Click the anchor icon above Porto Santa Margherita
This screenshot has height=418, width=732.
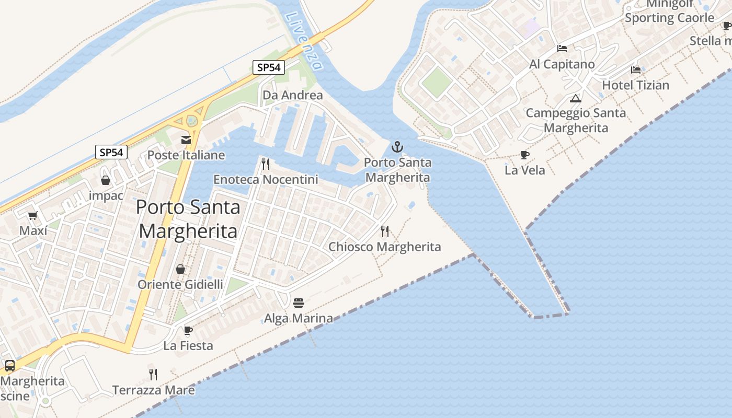(397, 146)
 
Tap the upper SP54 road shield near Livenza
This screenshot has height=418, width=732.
(269, 67)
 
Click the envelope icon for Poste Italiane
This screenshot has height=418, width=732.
(186, 140)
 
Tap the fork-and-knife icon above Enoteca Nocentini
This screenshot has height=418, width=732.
(266, 164)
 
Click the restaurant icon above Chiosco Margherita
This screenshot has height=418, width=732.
(385, 231)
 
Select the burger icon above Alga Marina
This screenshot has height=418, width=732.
(299, 303)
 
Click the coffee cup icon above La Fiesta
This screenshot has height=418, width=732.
(188, 330)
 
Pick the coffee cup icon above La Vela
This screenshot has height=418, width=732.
(525, 155)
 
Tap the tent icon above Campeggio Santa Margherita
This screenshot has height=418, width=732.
(576, 98)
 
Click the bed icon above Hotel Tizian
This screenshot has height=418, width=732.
(636, 69)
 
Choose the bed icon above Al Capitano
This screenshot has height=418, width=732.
(562, 49)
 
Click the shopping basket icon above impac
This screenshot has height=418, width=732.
(106, 180)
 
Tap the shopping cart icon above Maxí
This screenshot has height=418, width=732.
(32, 215)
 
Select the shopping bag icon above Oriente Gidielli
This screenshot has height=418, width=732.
(180, 269)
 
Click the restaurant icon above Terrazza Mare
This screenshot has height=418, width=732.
(153, 374)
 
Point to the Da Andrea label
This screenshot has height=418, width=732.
(293, 95)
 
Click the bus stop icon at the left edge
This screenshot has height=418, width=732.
(9, 365)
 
